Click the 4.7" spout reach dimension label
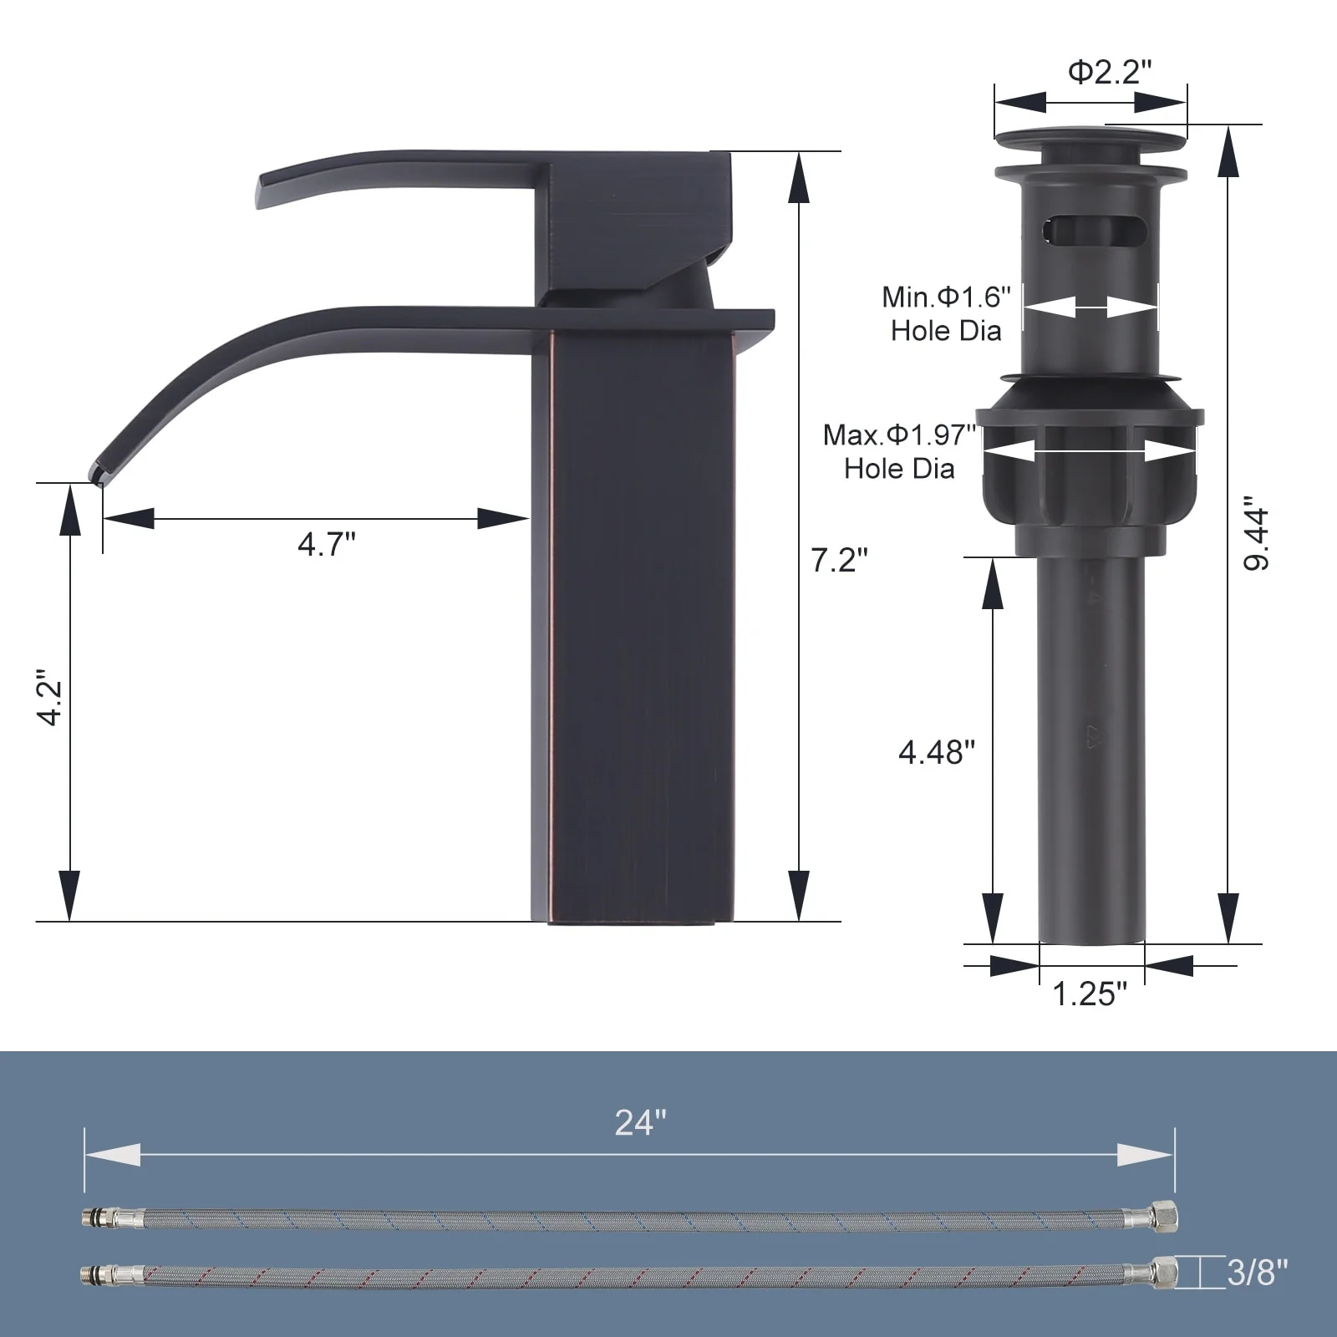[326, 544]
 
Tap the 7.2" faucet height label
[839, 560]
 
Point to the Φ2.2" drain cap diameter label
[1110, 72]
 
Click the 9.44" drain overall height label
[1257, 535]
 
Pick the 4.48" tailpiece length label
[937, 752]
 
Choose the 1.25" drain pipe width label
[1090, 994]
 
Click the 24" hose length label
[641, 1122]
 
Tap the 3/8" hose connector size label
[1258, 1273]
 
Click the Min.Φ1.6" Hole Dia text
[946, 313]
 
